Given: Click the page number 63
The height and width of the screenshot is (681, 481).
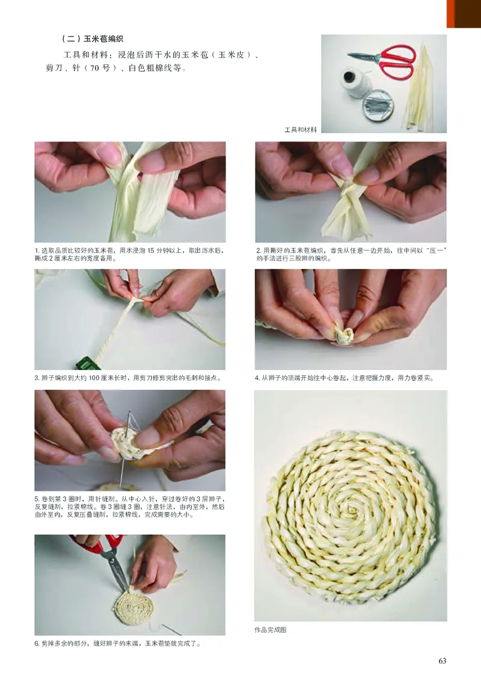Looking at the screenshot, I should coord(443,661).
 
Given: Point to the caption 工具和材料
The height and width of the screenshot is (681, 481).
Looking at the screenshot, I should coord(301,129).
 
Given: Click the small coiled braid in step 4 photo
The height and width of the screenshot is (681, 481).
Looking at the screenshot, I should coord(343,336).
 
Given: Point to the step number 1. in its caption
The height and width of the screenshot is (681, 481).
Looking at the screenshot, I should coord(37,250).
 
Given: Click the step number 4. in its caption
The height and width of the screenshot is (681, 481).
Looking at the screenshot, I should coord(257,378).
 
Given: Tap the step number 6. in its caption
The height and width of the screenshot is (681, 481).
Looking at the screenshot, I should coord(37,643).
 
